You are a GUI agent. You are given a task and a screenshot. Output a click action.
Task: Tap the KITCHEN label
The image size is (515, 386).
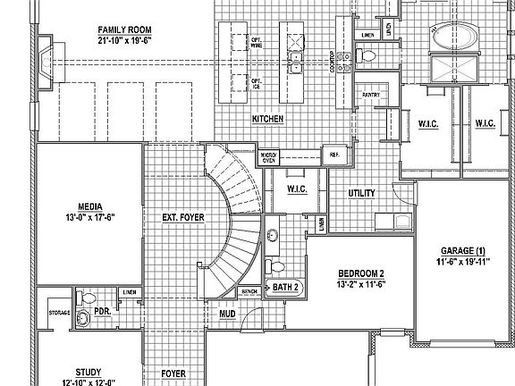click(268, 118)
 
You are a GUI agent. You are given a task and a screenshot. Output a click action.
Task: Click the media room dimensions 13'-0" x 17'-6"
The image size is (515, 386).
click(90, 216)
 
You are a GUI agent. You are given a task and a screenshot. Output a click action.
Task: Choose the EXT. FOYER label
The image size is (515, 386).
click(180, 216)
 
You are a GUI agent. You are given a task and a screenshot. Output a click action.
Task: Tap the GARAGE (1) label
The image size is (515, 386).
click(462, 250)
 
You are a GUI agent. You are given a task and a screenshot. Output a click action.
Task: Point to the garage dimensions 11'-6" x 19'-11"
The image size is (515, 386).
click(462, 262)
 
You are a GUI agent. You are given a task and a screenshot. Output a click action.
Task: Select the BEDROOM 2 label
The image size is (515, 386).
click(361, 273)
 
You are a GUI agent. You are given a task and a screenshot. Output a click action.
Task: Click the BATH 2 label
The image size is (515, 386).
click(285, 288)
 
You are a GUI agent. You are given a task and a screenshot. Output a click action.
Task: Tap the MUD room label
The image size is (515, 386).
click(227, 314)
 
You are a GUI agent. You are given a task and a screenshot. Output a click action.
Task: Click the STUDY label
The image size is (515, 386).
click(88, 372)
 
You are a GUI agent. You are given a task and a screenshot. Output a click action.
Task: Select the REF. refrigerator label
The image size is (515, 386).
click(335, 155)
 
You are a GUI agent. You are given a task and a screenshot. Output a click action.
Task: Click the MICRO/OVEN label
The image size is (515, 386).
click(268, 157)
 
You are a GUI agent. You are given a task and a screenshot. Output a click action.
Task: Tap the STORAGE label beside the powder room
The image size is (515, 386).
click(59, 313)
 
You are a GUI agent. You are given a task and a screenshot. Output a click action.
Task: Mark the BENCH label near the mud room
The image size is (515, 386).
click(249, 291)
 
